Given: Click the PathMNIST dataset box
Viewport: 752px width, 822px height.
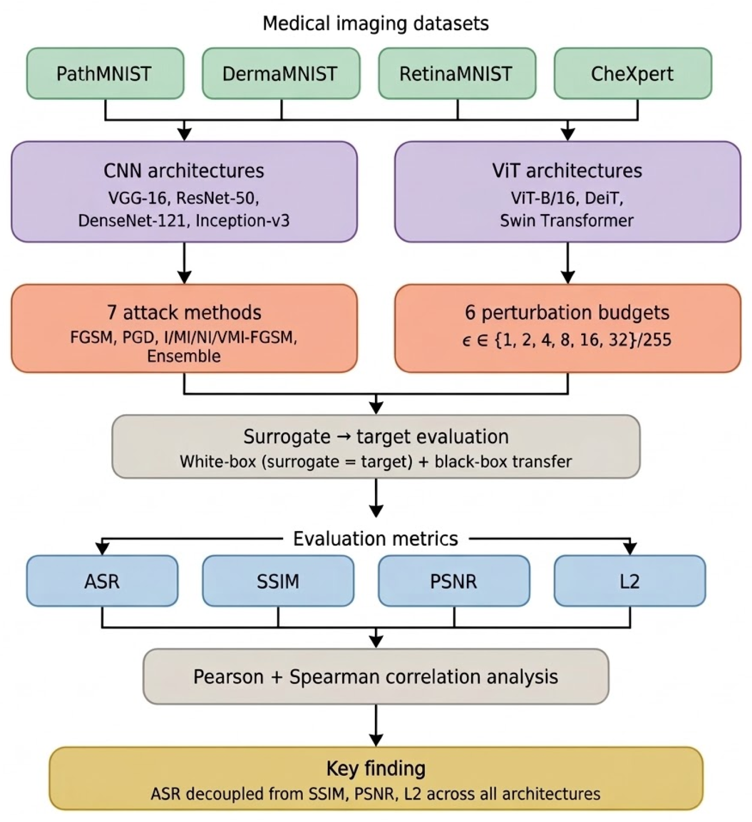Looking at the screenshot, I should point(105,74).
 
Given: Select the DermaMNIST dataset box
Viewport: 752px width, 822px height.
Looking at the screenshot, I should point(280,74).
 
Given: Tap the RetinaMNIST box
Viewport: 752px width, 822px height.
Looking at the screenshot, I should point(456,74).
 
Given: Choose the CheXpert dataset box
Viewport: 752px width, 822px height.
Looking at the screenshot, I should point(632,74).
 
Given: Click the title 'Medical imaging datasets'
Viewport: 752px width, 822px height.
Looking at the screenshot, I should point(375,23).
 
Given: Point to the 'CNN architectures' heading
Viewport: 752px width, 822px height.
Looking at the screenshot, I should point(184,170).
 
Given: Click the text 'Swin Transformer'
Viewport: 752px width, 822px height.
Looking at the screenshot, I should point(567,220).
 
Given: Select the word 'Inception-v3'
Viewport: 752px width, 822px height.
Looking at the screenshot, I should point(243,220).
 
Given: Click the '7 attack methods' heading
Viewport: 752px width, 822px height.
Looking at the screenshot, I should point(184,312).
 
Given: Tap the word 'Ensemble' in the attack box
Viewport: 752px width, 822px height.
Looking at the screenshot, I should point(184,356).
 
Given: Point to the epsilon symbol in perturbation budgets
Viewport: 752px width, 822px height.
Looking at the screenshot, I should point(466,341).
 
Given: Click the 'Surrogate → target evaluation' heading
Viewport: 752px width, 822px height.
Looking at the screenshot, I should point(375,436).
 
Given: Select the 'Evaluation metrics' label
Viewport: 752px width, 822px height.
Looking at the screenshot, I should point(375,539).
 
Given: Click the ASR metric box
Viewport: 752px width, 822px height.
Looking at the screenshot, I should point(102,581).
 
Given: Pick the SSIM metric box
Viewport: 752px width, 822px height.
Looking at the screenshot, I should point(278,581).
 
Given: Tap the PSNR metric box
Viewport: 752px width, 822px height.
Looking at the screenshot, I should point(454,581).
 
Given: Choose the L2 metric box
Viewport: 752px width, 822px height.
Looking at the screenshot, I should point(629,581).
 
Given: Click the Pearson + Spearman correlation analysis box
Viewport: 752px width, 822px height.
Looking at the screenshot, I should point(375,677).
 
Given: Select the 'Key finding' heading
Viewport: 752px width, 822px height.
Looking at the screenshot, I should point(375,768).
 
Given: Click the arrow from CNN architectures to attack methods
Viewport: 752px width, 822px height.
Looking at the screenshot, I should point(184,263).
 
